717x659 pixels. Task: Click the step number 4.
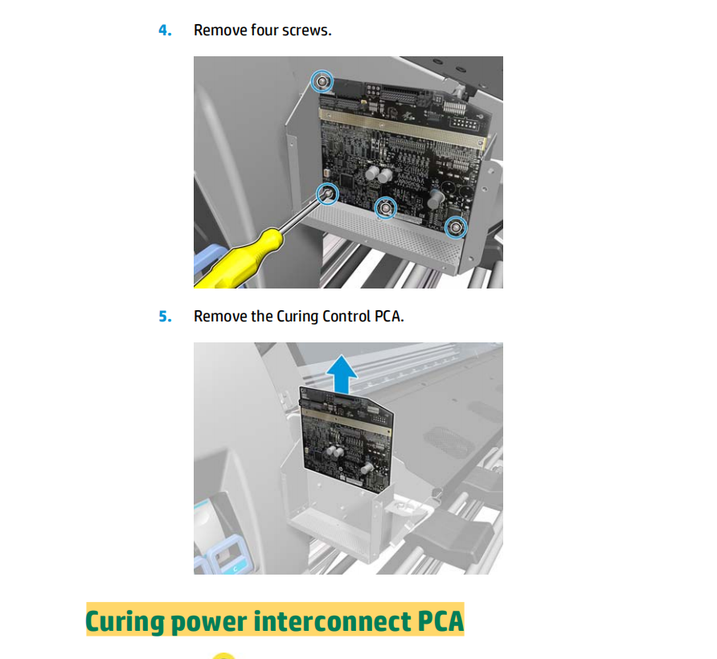[165, 31]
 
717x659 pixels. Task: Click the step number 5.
[165, 316]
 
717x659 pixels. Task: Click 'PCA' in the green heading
[440, 621]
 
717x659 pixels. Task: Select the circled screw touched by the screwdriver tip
[326, 193]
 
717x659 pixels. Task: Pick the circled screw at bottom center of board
[386, 209]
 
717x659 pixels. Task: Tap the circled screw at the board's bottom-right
[456, 228]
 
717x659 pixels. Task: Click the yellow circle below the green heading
[224, 656]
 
